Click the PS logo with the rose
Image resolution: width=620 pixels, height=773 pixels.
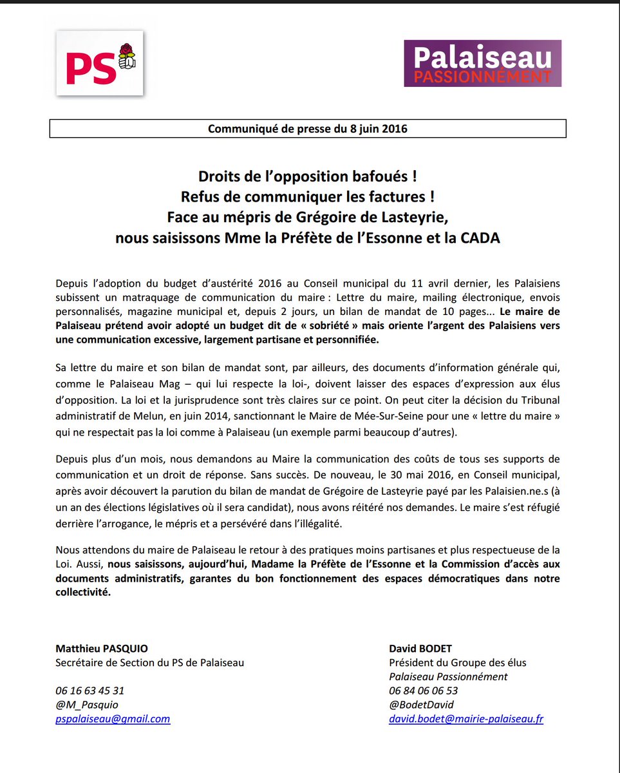[99, 63]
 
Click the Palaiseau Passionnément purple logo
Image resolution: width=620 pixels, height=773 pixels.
[482, 64]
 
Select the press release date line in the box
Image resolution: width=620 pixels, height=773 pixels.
[307, 128]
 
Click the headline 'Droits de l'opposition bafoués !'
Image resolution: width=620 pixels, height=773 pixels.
[307, 176]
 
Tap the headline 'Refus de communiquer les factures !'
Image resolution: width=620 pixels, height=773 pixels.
[307, 196]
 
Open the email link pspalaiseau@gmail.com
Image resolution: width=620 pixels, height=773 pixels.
[113, 719]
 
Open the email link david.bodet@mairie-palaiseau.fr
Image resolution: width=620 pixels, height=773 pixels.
[466, 719]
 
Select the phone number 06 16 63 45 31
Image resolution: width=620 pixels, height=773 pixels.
[89, 691]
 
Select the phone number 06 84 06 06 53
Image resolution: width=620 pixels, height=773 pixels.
[423, 691]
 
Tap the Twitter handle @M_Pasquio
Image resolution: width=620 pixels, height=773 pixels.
[87, 705]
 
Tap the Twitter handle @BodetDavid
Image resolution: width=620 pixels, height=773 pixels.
[421, 705]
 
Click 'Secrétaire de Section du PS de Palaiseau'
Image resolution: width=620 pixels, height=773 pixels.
[149, 662]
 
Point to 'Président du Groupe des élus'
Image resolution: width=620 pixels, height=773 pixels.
[457, 662]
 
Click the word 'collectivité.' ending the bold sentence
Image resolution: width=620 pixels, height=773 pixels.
[83, 593]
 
